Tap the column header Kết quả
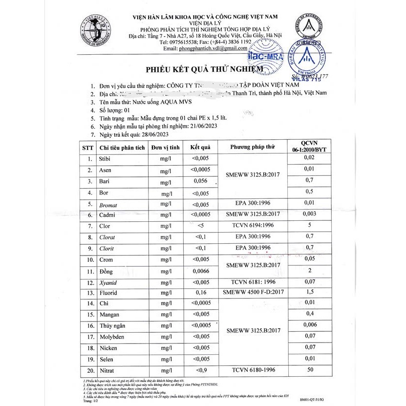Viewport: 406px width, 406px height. [x=200, y=147]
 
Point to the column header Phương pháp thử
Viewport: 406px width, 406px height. [x=253, y=147]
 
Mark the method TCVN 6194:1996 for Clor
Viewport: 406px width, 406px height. [x=253, y=226]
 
